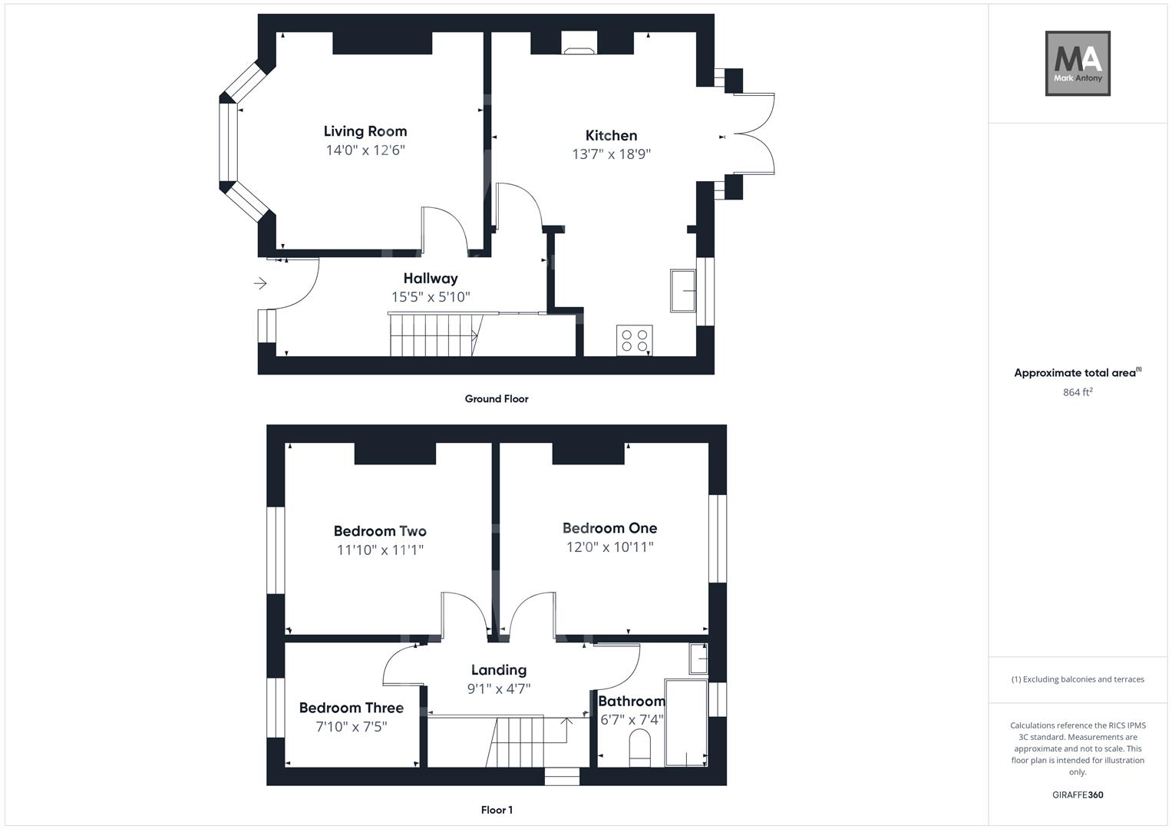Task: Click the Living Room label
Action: [x=365, y=131]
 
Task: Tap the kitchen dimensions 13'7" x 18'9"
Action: [x=611, y=154]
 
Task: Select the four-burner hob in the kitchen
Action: [x=635, y=340]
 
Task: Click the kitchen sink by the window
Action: [x=682, y=290]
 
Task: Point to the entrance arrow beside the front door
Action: [x=260, y=284]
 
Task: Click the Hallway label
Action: [x=430, y=279]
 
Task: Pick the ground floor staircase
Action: [x=434, y=335]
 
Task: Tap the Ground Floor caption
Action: [x=496, y=399]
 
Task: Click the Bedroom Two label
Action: [x=380, y=531]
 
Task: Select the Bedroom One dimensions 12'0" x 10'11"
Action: [x=609, y=547]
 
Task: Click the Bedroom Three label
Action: [x=351, y=708]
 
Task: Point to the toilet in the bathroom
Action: [x=639, y=747]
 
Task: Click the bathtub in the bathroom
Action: [x=686, y=722]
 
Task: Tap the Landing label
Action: [x=498, y=670]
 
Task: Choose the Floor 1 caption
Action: [x=497, y=810]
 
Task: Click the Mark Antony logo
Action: [x=1077, y=64]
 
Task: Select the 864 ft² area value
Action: [x=1077, y=392]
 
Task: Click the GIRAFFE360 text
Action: [x=1077, y=795]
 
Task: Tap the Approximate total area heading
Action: [x=1077, y=373]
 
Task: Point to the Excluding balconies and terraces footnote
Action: [x=1077, y=679]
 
